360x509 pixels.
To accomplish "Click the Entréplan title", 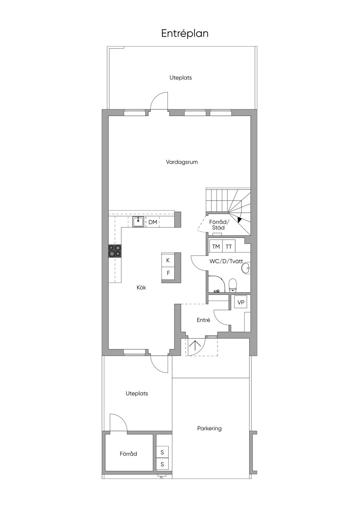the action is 185,34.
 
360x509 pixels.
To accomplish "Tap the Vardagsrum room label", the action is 182,162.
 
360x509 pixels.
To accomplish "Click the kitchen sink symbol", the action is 138,222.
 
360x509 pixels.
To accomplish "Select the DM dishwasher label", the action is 153,222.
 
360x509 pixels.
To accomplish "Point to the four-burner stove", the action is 115,251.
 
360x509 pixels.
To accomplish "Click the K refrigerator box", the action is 168,260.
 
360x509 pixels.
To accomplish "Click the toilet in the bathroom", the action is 233,285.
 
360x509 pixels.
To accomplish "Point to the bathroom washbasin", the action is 246,268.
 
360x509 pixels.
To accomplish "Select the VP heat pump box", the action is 241,302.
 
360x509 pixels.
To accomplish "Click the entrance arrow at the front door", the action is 195,347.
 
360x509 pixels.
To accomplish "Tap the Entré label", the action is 204,320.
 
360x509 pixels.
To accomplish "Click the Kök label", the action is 141,288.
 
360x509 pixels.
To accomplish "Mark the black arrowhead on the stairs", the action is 239,219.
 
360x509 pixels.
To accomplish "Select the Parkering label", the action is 209,429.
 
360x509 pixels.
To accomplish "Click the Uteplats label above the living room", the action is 181,78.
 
